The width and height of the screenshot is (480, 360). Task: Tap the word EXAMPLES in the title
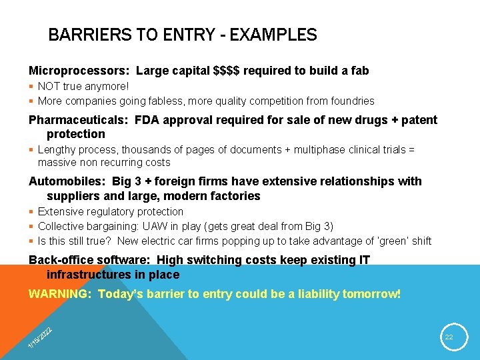pos(273,35)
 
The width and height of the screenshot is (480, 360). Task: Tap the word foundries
pos(351,101)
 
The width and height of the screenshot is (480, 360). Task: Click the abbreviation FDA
pos(149,120)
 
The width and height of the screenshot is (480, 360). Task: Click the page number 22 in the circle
pos(449,337)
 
